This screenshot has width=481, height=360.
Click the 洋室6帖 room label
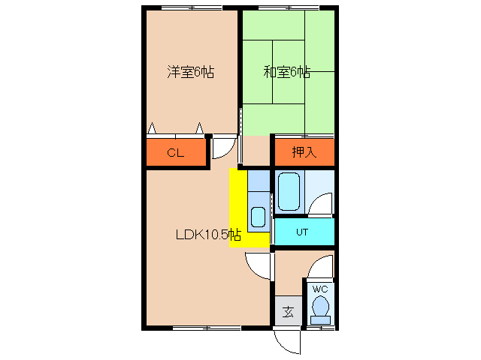click(x=190, y=73)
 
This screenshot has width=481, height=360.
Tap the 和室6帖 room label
click(x=286, y=73)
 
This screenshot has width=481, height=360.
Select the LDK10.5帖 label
click(x=208, y=234)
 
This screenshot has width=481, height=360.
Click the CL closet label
click(x=175, y=154)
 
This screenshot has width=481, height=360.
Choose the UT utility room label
click(x=302, y=232)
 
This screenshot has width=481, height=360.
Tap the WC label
click(x=320, y=289)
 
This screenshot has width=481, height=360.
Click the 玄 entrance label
click(x=288, y=311)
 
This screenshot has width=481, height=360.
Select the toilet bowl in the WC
click(x=320, y=307)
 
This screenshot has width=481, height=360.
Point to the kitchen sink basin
click(x=258, y=217)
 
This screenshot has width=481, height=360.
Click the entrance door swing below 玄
click(x=286, y=341)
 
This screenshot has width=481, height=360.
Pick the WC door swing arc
click(x=322, y=266)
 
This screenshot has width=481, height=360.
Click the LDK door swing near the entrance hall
click(x=258, y=264)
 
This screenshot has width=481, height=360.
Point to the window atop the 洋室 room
click(x=189, y=8)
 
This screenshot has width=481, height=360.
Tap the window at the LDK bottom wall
click(x=207, y=328)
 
